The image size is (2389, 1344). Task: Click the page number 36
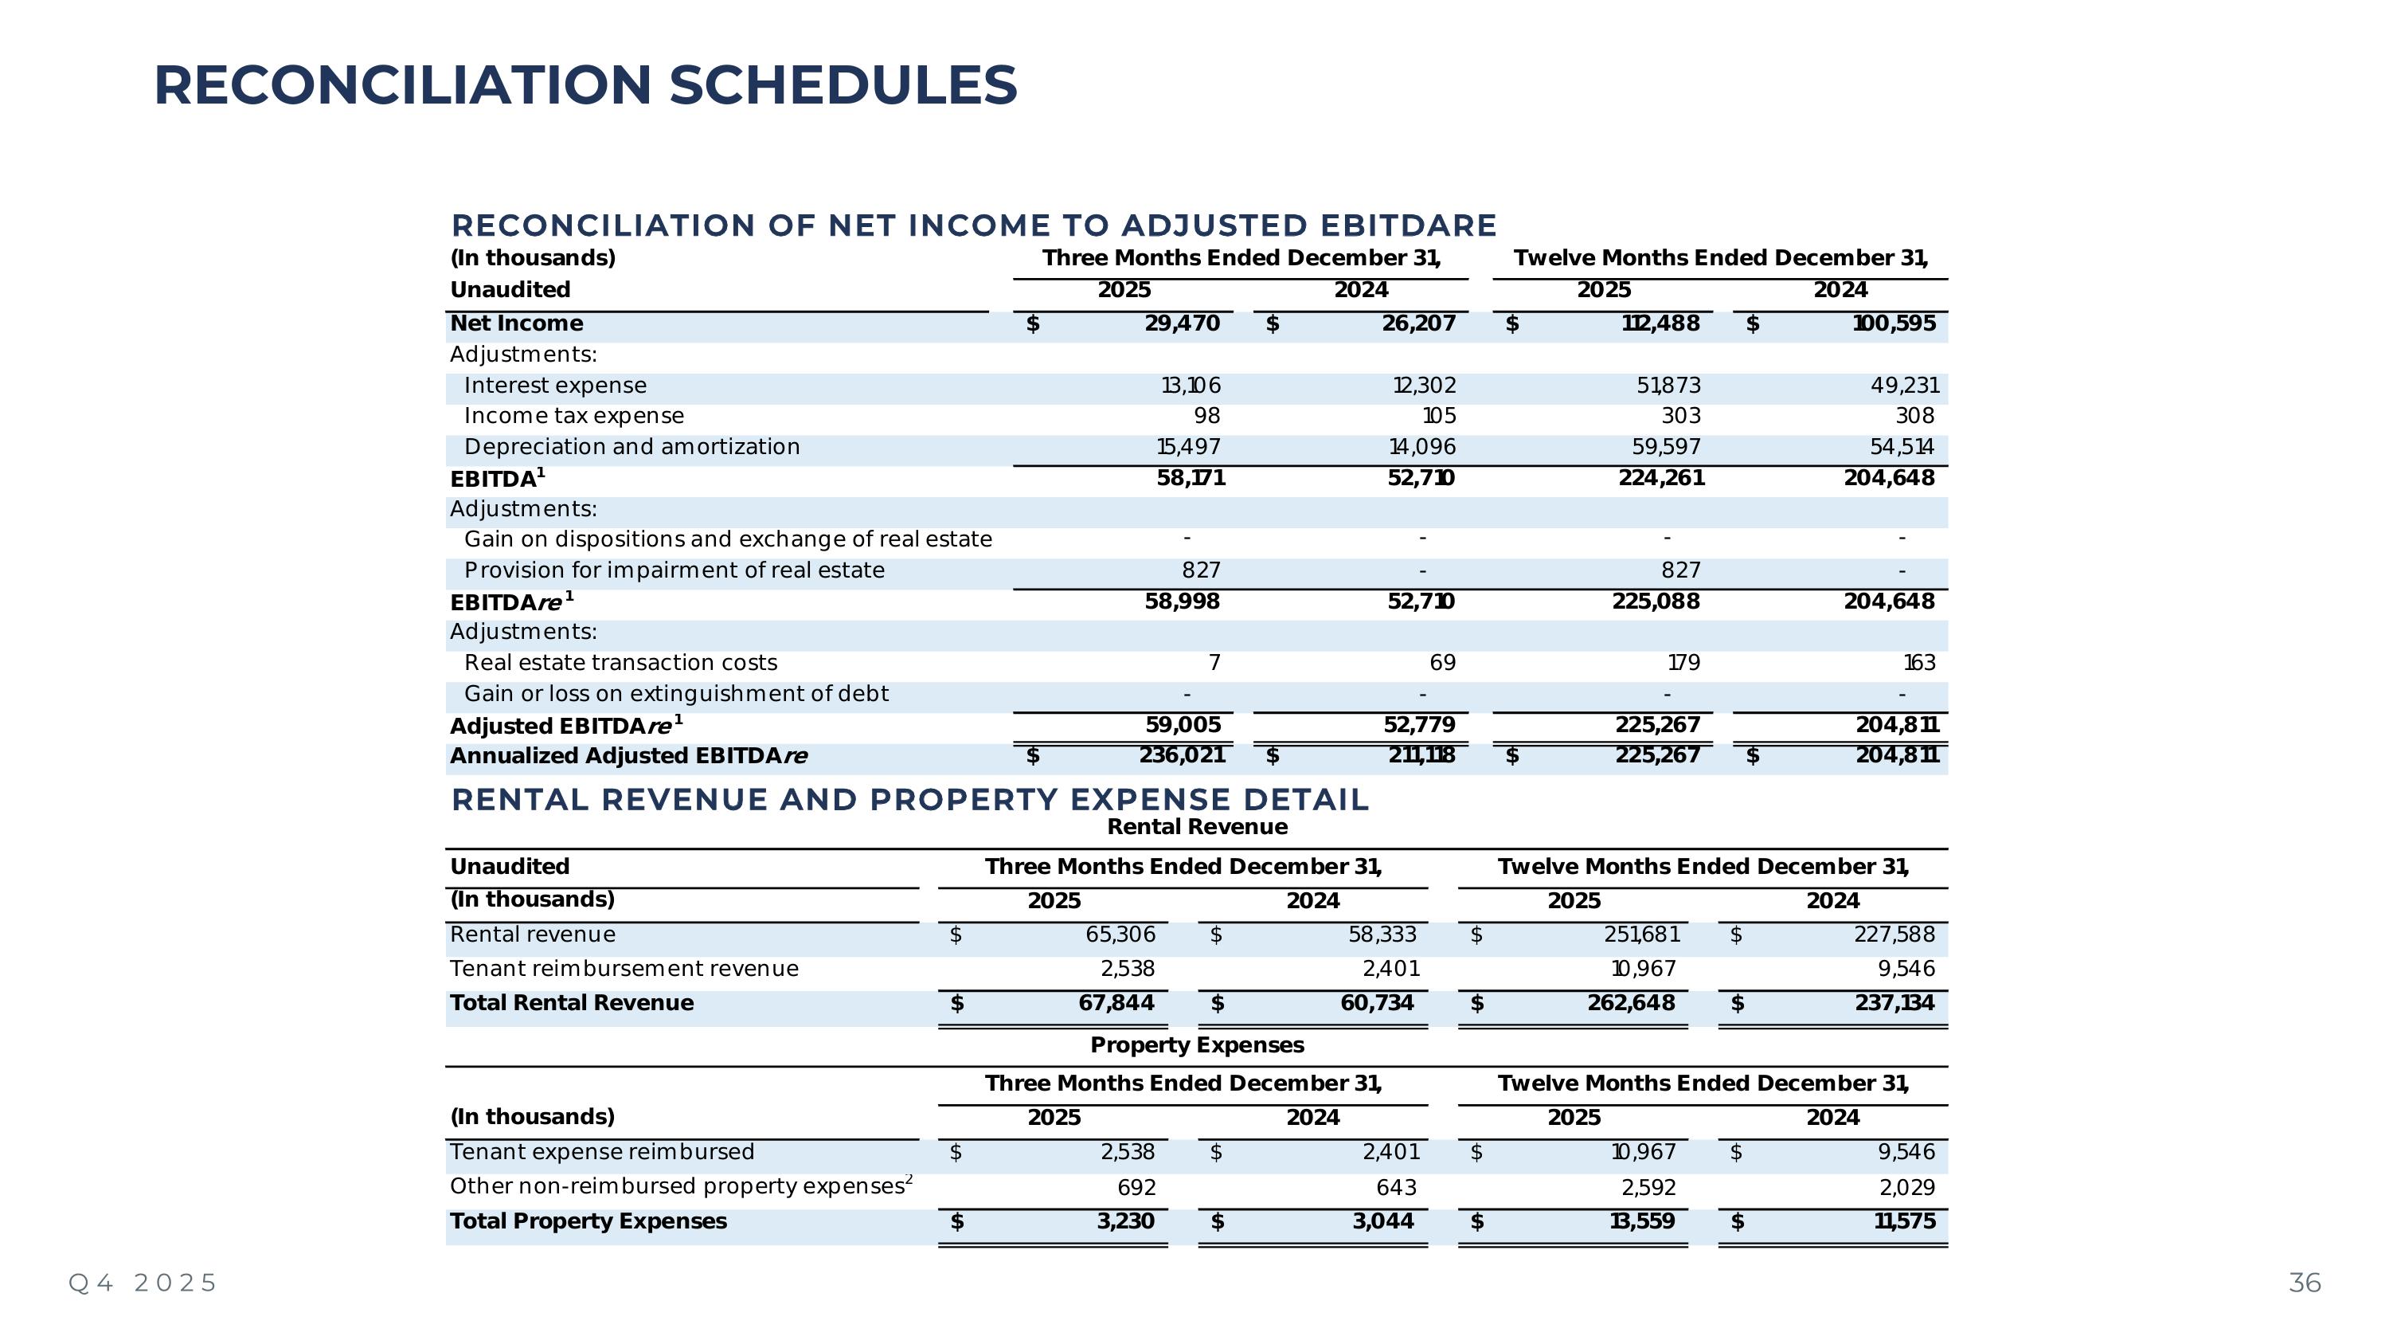pos(2305,1283)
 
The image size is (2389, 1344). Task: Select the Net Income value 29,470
pos(1182,323)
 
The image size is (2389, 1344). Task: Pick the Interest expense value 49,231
pos(1904,386)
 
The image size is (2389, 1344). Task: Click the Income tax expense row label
pos(573,417)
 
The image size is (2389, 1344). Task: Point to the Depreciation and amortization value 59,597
pos(1666,447)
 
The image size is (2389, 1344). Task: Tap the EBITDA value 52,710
pos(1421,479)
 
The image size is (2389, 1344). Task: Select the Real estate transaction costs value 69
pos(1442,663)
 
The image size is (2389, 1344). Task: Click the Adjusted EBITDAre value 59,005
pos(1183,725)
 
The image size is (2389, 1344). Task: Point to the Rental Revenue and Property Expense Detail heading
pos(909,800)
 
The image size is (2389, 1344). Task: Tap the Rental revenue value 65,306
pos(1120,935)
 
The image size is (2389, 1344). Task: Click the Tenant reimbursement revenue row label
pos(624,970)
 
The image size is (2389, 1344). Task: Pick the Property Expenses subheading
pos(1196,1045)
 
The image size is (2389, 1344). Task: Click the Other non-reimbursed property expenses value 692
pos(1136,1187)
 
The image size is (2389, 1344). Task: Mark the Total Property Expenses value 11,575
pos(1904,1221)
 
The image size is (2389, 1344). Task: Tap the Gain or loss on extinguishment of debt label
pos(675,694)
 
